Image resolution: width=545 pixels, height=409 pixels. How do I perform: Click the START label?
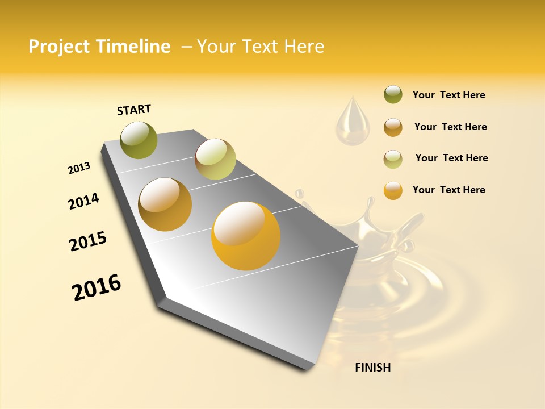point(134,110)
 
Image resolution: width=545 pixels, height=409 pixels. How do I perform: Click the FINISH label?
point(372,368)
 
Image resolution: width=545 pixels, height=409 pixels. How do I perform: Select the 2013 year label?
point(79,168)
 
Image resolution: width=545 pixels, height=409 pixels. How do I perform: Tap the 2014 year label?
point(83,201)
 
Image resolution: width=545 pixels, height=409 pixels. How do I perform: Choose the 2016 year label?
point(97,287)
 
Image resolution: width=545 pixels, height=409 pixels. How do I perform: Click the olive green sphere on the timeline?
point(139,140)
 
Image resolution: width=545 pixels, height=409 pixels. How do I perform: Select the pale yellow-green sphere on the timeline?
point(215,159)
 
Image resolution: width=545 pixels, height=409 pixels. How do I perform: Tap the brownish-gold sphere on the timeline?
point(165,204)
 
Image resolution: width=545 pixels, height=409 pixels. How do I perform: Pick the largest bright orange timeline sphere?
point(246,236)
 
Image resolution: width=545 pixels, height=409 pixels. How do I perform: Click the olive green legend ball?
point(393,95)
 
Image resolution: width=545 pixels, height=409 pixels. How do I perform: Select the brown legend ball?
point(393,127)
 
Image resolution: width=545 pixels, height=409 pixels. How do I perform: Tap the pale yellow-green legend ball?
point(393,159)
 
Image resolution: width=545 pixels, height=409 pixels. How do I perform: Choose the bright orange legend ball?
point(393,190)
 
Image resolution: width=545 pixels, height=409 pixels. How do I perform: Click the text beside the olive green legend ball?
point(448,95)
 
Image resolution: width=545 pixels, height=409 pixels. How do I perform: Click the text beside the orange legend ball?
point(448,190)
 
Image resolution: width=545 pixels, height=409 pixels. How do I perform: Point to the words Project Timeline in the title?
point(99,47)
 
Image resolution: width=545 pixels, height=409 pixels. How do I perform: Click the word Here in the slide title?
point(304,47)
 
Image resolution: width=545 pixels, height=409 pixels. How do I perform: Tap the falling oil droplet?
point(352,122)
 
